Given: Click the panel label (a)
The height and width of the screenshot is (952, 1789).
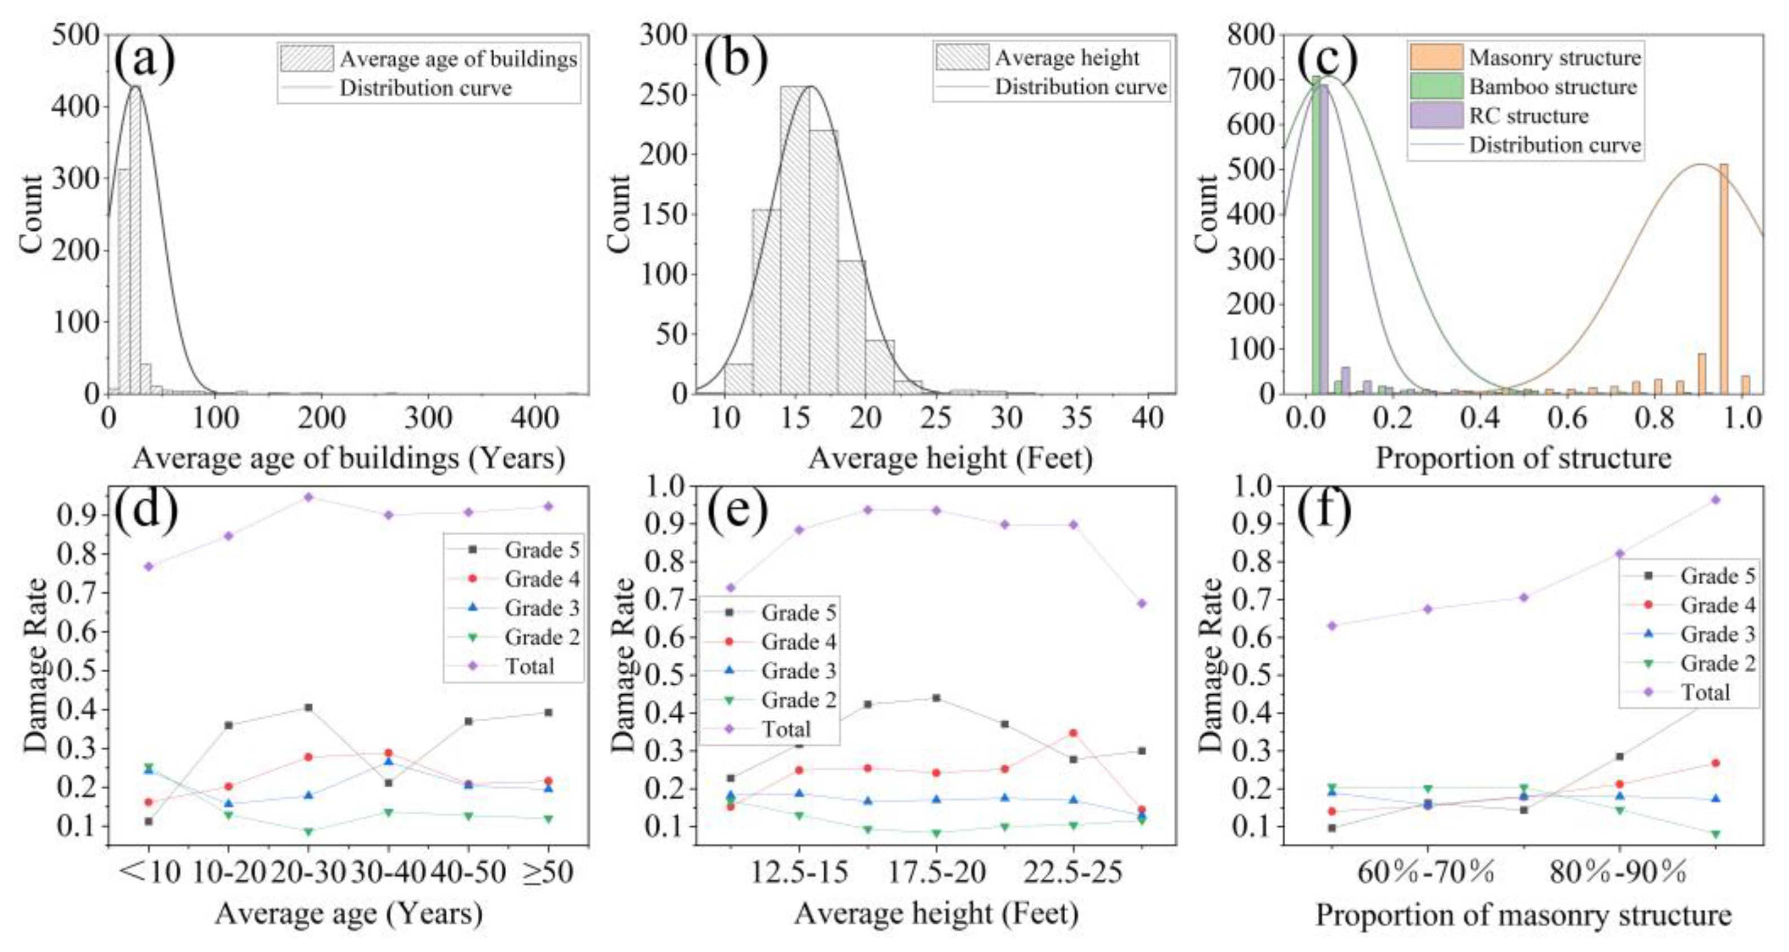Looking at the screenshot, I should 144,60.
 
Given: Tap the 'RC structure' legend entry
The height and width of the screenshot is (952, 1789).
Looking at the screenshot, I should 1528,116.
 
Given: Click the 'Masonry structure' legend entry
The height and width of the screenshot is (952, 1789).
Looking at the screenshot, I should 1554,58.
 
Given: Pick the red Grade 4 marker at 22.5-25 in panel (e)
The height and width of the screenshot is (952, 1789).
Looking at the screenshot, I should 1073,733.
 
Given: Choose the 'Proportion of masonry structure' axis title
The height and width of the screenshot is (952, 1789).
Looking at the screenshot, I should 1523,915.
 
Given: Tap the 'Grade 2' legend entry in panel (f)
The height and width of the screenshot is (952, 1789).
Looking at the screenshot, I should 1717,663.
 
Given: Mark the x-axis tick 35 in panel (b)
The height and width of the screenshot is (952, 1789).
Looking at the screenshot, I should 1076,417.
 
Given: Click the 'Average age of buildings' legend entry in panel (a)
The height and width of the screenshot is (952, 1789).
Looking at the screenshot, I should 458,59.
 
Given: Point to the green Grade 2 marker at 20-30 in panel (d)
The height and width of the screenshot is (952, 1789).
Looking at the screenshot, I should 309,831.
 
